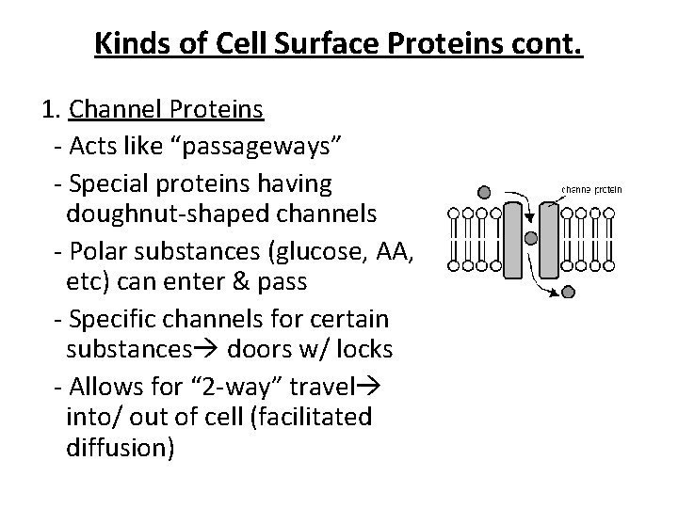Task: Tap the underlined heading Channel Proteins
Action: click(166, 112)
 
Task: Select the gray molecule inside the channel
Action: click(530, 238)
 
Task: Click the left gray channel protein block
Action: click(513, 239)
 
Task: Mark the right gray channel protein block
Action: click(549, 239)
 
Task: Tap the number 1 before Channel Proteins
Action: click(49, 112)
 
